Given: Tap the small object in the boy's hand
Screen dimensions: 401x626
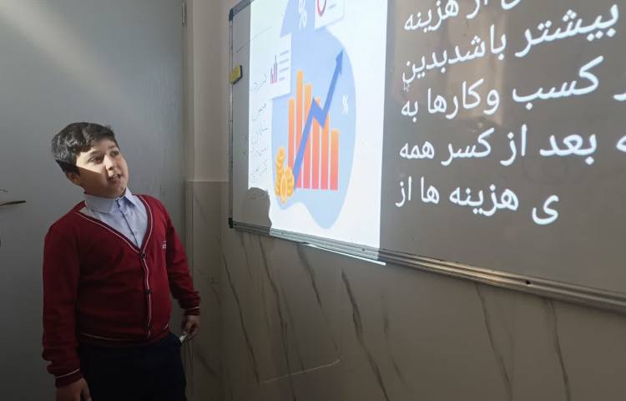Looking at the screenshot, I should [183, 336].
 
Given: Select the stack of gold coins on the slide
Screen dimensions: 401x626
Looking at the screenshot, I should [284, 175].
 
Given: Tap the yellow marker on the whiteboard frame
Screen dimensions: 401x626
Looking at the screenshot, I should [236, 74].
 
